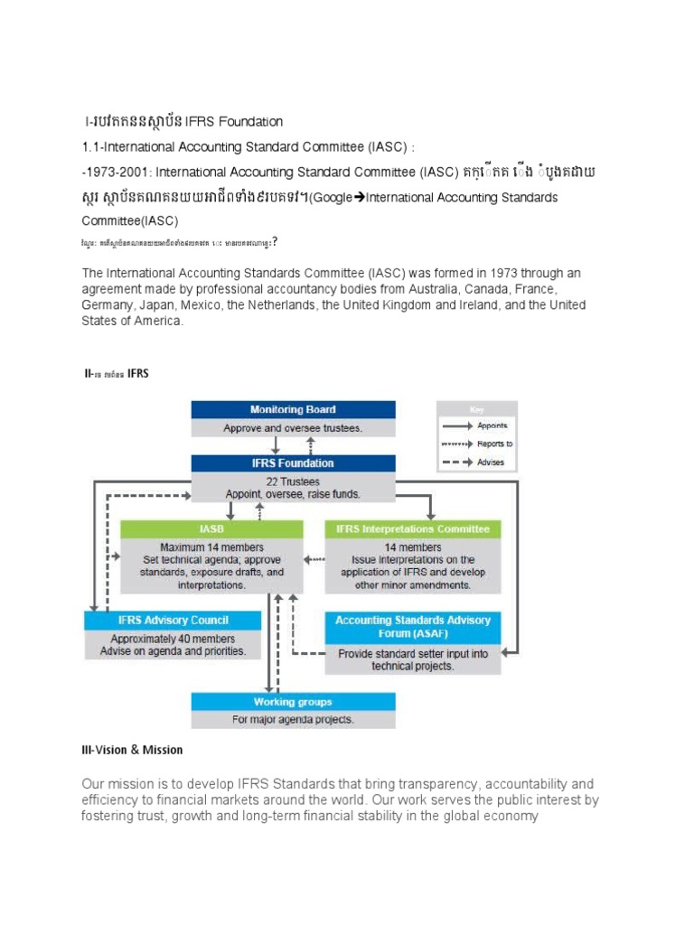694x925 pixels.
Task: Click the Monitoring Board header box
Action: [293, 409]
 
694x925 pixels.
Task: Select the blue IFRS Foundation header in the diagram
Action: [293, 463]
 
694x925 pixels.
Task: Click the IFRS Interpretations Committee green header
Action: [412, 529]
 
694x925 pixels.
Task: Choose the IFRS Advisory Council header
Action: [172, 620]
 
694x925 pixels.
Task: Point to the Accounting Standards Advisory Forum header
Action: [412, 626]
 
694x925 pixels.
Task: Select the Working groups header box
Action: [293, 702]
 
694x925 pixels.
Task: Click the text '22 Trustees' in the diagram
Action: [293, 481]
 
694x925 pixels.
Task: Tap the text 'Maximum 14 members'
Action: [211, 547]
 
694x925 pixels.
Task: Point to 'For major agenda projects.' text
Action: [293, 720]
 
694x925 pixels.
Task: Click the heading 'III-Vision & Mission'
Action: [132, 750]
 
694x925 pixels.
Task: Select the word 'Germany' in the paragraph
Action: [107, 305]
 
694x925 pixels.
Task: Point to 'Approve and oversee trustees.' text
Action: [293, 428]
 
